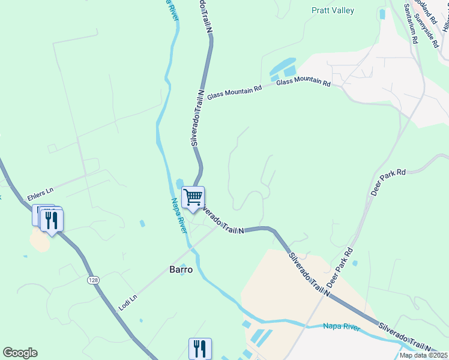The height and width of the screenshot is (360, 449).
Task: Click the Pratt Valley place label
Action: pos(333,10)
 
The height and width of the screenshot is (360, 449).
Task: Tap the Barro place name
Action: pos(181,270)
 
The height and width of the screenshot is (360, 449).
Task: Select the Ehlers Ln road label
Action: pos(40,193)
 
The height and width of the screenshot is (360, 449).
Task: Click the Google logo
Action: pos(20,353)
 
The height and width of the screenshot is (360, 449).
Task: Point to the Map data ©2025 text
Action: pos(423,355)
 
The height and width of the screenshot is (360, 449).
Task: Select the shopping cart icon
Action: pos(193,197)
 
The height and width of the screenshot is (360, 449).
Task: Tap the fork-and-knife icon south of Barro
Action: pos(200,349)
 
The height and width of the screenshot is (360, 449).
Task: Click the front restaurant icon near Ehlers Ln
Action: pos(52,220)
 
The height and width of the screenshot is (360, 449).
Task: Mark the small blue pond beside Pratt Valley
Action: pos(382,13)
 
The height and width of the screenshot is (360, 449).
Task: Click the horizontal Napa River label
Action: pos(341,326)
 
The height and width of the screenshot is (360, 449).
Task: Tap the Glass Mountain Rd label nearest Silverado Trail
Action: pos(235,92)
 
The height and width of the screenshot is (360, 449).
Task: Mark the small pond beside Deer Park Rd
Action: pos(355,263)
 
